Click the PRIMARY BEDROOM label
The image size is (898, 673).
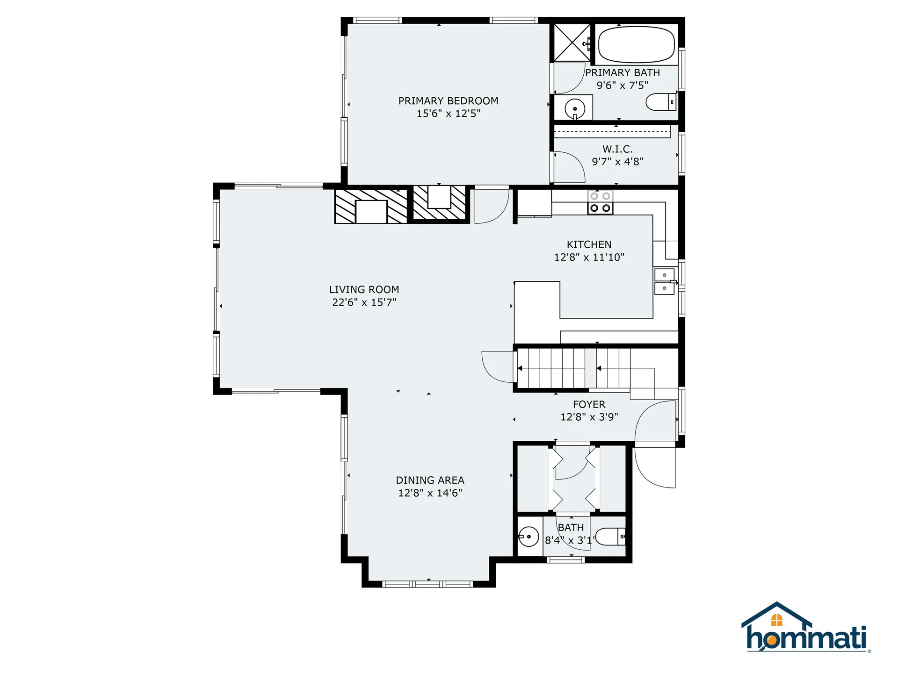coord(448,101)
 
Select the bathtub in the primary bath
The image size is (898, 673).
coord(636,44)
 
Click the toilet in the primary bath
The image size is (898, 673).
coord(660,102)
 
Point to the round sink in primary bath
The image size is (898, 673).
coord(575,109)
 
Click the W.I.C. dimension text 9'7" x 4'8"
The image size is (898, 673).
coord(617,162)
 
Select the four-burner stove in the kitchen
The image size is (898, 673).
coord(600,202)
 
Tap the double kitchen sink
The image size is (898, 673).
coord(664,281)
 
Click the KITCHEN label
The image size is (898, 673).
coord(589,244)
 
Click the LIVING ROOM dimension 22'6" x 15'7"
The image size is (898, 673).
coord(364,302)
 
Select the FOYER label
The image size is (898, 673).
coord(589,404)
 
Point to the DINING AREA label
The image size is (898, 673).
coord(430,480)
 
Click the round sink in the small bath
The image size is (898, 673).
coord(529,537)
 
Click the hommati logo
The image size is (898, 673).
coord(805,629)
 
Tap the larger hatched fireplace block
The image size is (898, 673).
coord(371,206)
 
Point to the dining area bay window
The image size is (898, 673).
coord(428,584)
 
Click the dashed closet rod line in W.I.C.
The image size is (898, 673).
coord(612,131)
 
